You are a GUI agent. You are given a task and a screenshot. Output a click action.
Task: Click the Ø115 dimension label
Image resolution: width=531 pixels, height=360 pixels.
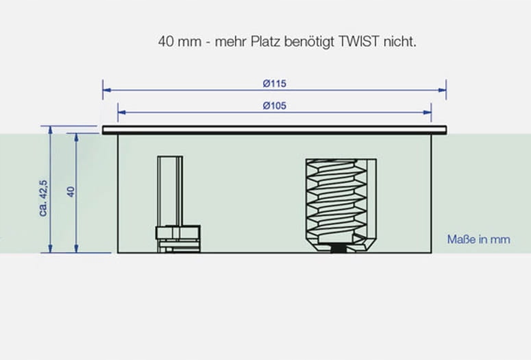click(x=274, y=84)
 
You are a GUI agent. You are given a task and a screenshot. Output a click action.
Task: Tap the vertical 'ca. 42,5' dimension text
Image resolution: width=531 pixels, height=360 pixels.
click(x=44, y=197)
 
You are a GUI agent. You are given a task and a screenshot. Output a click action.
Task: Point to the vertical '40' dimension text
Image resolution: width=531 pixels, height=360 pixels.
click(x=69, y=191)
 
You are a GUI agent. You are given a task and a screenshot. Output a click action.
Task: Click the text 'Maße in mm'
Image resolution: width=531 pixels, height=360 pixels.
click(x=478, y=240)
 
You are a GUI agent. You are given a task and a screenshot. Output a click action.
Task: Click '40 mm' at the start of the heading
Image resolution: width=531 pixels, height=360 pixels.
click(x=177, y=41)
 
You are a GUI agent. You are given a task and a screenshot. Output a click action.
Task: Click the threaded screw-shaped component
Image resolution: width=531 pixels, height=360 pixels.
click(x=341, y=202)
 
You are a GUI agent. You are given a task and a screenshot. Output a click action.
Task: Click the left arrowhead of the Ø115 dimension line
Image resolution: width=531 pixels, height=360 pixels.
click(x=106, y=89)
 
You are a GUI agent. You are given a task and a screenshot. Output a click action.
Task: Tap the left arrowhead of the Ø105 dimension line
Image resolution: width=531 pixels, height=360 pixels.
click(x=121, y=111)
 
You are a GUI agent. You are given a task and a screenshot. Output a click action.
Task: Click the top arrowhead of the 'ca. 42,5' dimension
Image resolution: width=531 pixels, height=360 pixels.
click(x=51, y=130)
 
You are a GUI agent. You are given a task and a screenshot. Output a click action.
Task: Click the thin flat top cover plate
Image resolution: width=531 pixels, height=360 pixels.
click(x=274, y=129)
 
